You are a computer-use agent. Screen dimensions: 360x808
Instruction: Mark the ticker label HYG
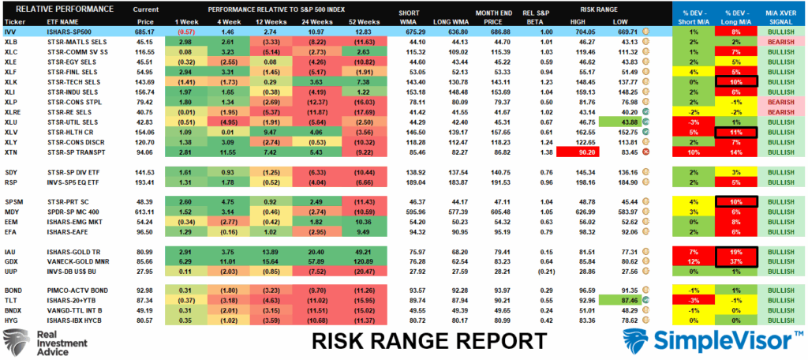[x=11, y=321]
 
